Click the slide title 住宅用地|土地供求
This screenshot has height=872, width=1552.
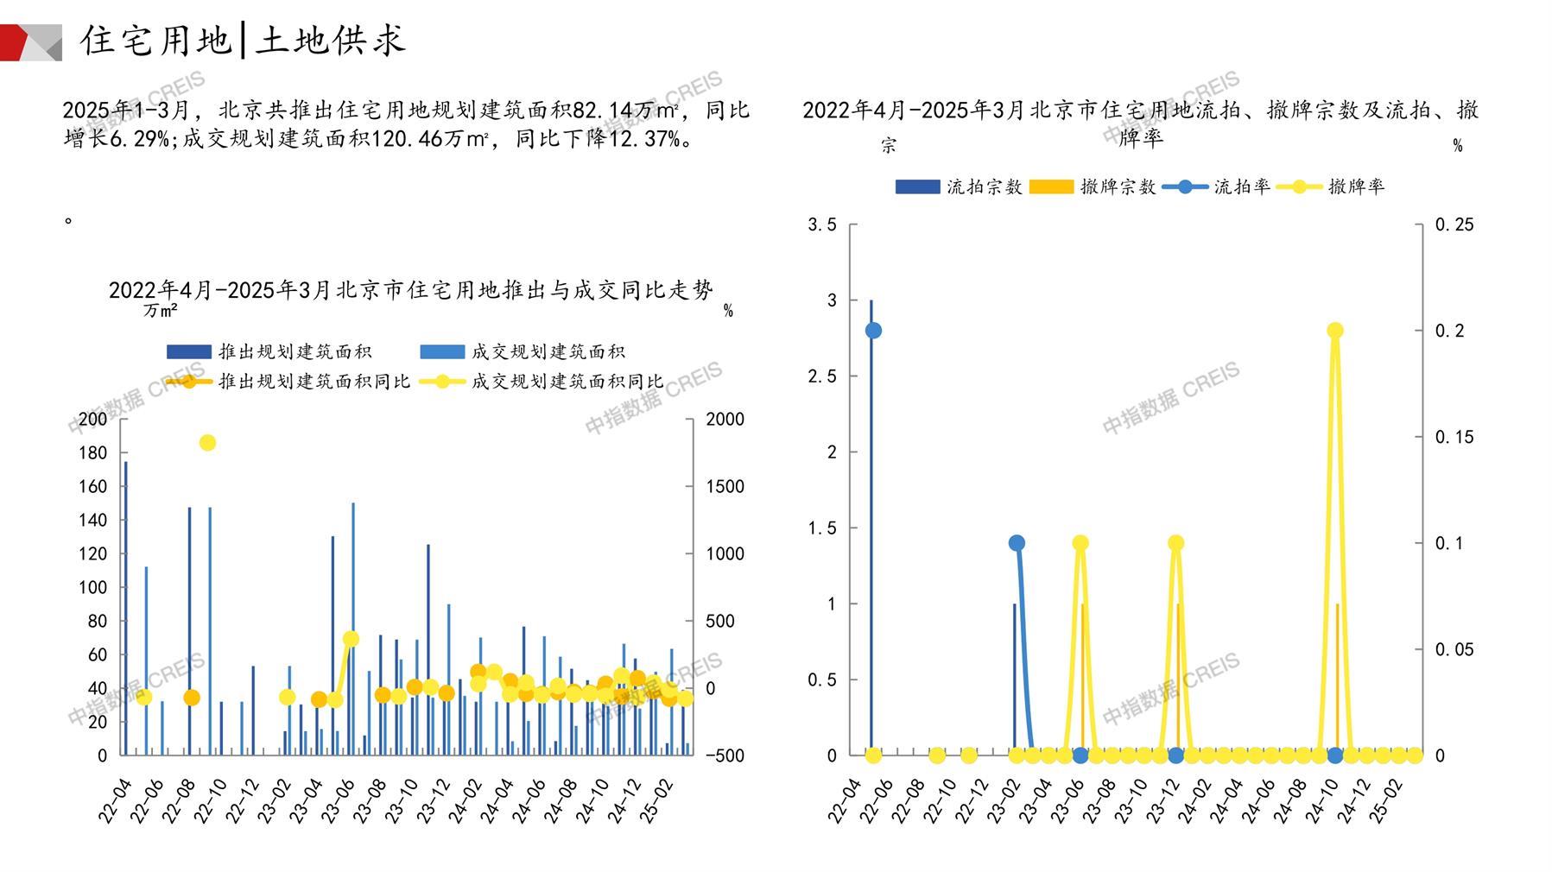(243, 41)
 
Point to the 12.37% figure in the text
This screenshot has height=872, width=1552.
(643, 138)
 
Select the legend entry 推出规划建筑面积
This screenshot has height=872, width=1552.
(269, 351)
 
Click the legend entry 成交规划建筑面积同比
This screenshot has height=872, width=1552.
(544, 381)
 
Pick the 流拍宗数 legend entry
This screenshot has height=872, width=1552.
(959, 186)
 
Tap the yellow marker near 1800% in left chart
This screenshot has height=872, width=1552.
(207, 443)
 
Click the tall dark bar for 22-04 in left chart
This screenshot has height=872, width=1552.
(125, 604)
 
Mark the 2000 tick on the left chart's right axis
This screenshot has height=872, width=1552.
(725, 420)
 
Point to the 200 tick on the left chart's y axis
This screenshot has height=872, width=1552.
(92, 420)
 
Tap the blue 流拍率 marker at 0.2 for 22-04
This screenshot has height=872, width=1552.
(873, 331)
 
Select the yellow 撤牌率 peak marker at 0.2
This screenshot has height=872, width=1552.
(1334, 331)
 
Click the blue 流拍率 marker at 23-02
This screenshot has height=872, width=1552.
(1017, 543)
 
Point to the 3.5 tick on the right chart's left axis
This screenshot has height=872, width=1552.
(821, 224)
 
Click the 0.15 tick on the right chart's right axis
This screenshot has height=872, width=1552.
(1454, 437)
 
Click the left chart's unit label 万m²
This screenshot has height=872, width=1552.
(161, 310)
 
